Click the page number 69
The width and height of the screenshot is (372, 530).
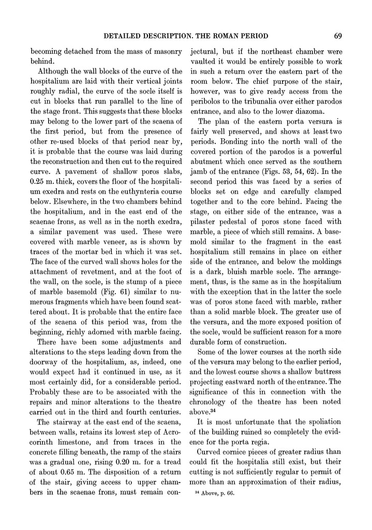(x=336, y=36)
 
